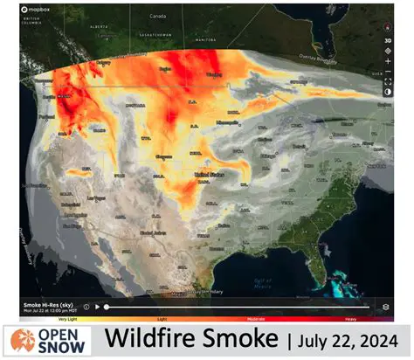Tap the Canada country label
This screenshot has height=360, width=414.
pyautogui.click(x=157, y=16)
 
